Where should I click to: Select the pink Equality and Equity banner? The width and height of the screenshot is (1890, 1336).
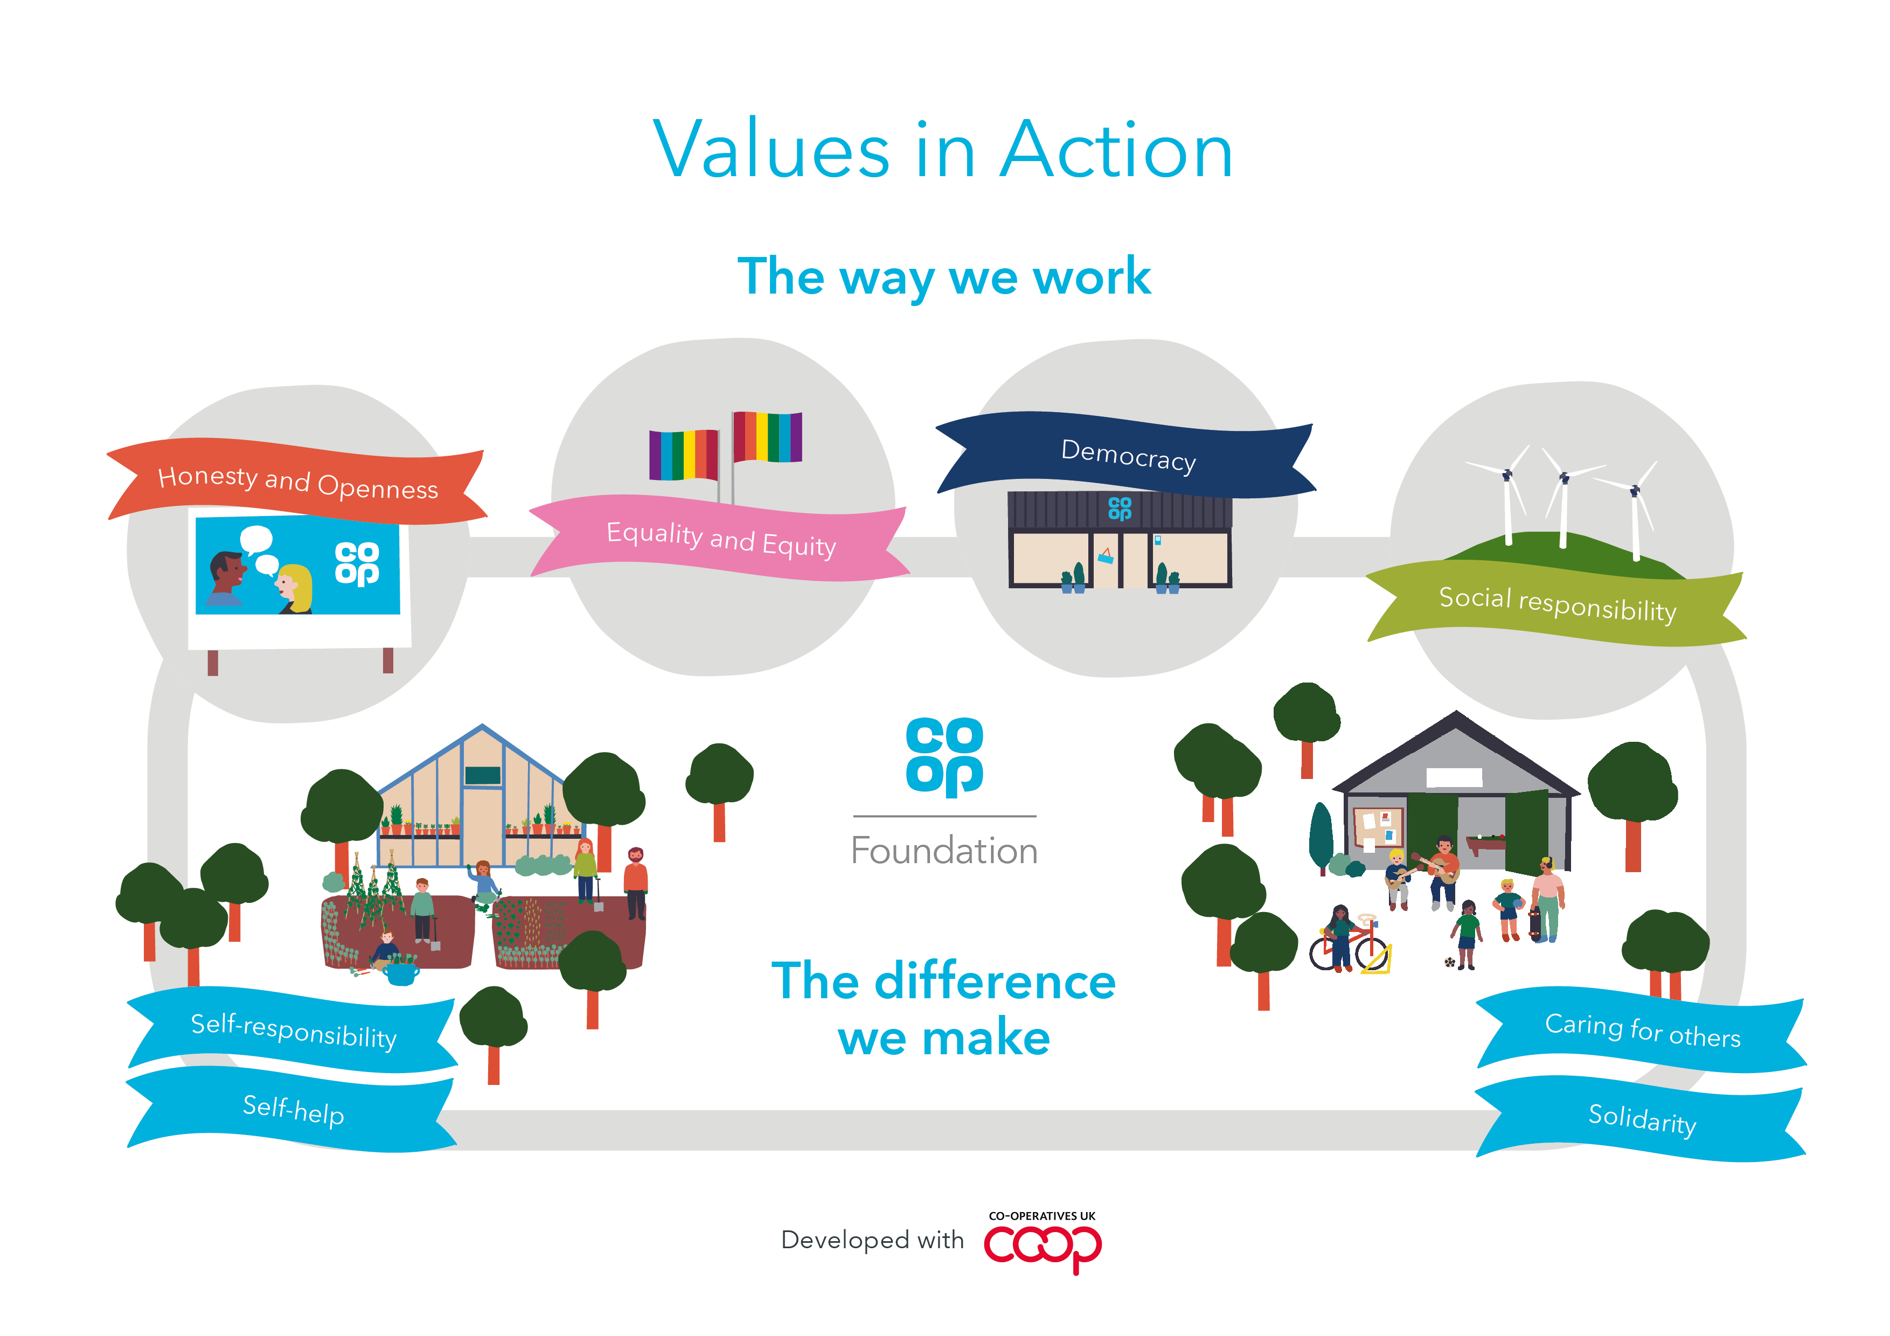[720, 539]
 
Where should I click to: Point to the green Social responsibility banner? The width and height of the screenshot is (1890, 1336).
[1556, 604]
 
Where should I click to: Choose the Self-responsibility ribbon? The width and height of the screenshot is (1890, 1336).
[293, 1031]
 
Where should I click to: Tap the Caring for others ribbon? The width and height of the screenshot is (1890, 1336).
[1642, 1030]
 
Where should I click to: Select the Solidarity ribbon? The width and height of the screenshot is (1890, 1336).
[1642, 1119]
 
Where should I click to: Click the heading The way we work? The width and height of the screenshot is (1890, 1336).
[944, 276]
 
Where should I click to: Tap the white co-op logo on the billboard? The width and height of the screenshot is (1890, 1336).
[357, 564]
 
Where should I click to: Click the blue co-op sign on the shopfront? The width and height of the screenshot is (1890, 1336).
[1120, 509]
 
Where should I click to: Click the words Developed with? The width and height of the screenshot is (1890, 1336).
[872, 1240]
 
